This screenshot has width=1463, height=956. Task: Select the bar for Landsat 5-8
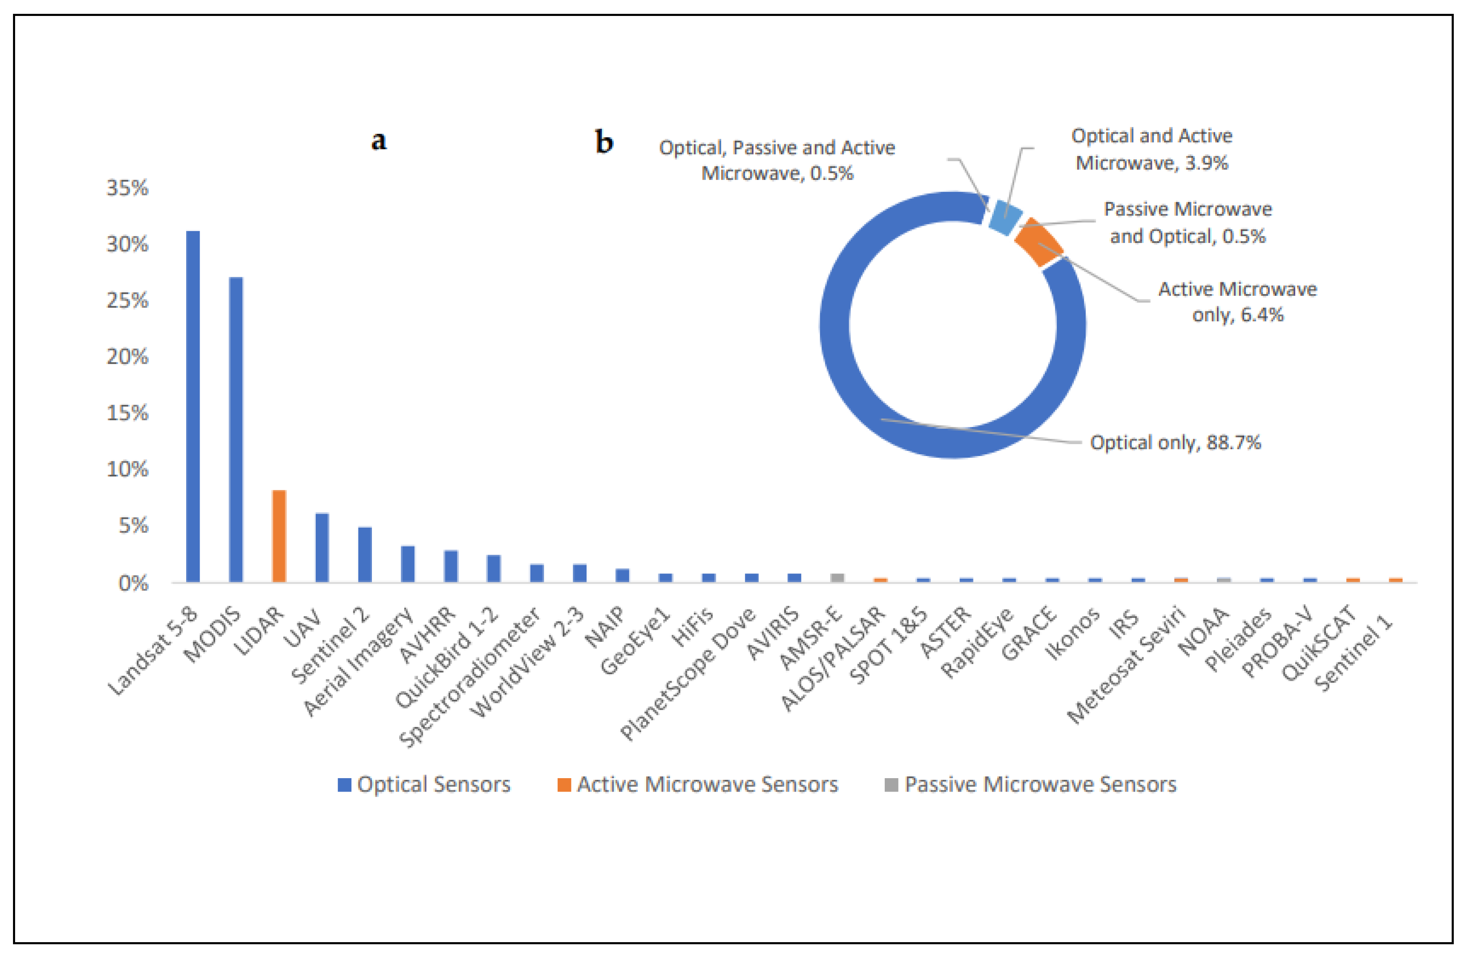pos(193,406)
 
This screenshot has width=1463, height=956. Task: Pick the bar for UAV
pos(322,547)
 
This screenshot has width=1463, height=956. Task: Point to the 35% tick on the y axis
pos(127,188)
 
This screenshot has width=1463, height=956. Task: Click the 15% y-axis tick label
pos(127,412)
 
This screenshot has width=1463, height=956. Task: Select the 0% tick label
pos(133,582)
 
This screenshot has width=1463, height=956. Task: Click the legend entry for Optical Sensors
pos(424,784)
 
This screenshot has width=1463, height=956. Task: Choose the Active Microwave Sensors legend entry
pos(698,784)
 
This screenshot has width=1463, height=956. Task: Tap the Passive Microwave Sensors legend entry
pos(1031,784)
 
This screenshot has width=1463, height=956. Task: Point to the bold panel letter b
pos(604,142)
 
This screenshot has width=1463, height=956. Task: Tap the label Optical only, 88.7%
pos(1175,442)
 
